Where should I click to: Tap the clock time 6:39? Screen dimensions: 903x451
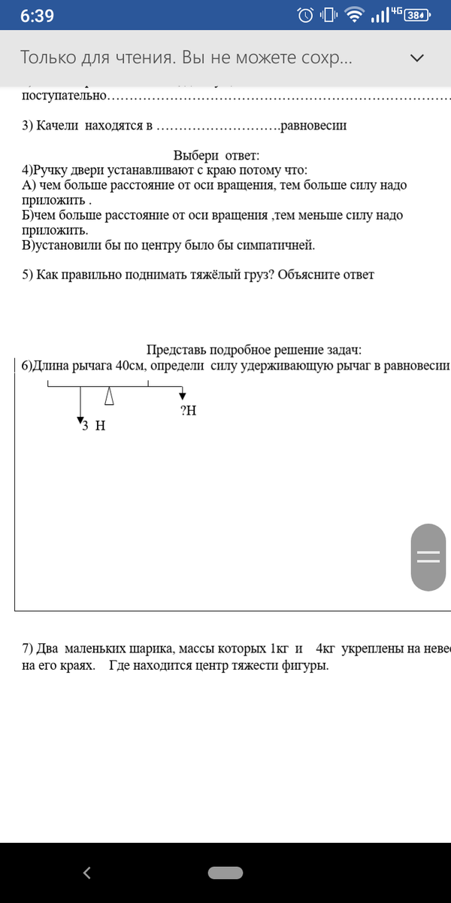37,16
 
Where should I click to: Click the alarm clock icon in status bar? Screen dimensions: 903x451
305,15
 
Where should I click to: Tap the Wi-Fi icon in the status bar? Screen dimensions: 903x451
354,15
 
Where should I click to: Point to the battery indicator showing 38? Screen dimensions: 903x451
416,15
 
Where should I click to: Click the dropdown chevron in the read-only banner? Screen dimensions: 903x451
416,57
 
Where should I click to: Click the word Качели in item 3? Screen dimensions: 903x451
57,126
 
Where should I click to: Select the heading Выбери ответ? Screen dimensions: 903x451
216,156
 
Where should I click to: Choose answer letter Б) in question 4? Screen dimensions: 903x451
29,215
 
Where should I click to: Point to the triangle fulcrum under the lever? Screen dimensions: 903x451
110,395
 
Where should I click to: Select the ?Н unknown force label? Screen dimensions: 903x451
188,410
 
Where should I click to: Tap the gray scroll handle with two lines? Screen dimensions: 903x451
428,557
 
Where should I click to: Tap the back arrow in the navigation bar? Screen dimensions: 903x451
87,873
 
